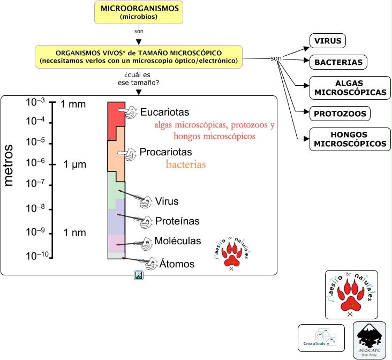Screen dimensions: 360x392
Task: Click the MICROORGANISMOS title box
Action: (139, 12)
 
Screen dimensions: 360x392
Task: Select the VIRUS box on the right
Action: (328, 41)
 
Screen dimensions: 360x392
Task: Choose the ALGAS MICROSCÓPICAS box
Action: (350, 88)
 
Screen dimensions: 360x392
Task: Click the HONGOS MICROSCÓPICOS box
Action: (350, 140)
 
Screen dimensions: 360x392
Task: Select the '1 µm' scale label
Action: (75, 164)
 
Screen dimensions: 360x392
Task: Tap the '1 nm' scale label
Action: (75, 233)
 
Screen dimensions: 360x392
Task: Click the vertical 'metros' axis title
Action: (9, 164)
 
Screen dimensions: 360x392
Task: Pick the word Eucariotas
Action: (164, 112)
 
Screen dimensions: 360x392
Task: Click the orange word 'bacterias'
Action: (186, 164)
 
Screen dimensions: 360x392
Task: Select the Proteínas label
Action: (177, 221)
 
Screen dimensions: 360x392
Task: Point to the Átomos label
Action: (177, 264)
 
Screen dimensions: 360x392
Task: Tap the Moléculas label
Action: (177, 241)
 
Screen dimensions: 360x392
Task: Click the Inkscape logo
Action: (370, 340)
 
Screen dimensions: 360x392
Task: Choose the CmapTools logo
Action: (321, 338)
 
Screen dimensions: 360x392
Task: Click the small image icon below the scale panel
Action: (139, 276)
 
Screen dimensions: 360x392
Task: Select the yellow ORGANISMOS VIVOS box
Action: (139, 57)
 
